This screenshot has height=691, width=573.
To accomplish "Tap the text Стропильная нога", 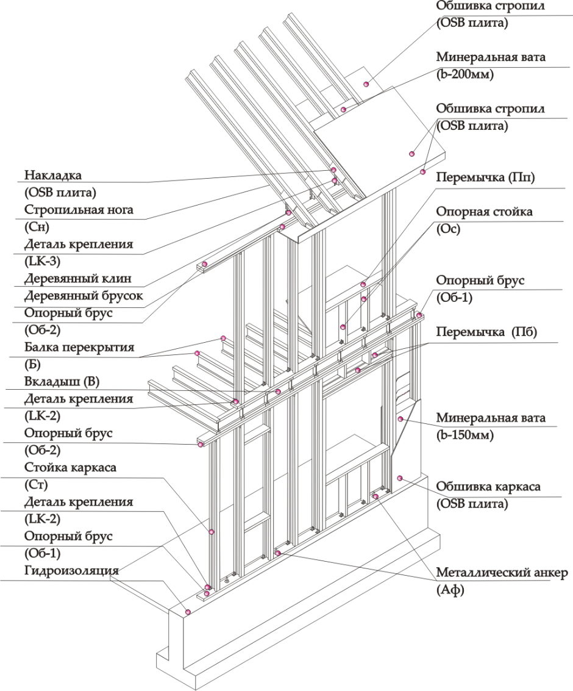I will click(79, 210).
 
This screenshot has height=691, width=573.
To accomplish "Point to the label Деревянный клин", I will click(78, 279).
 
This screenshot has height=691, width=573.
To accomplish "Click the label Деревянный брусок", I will click(84, 296).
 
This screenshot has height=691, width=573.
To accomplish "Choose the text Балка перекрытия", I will click(79, 349).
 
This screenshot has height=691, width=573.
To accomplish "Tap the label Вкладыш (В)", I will click(62, 382).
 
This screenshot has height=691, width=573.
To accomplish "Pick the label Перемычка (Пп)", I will click(486, 177).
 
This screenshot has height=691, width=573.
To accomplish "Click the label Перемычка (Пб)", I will click(487, 332).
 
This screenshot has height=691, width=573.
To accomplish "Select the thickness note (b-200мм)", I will click(465, 75).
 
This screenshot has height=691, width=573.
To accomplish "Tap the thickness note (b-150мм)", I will click(465, 436).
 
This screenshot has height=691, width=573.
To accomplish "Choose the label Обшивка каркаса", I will click(488, 487).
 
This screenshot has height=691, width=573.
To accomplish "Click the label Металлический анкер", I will click(502, 573).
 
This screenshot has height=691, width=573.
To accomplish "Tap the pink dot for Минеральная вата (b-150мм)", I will click(401, 418).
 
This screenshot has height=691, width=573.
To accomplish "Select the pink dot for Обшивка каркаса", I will click(400, 478).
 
